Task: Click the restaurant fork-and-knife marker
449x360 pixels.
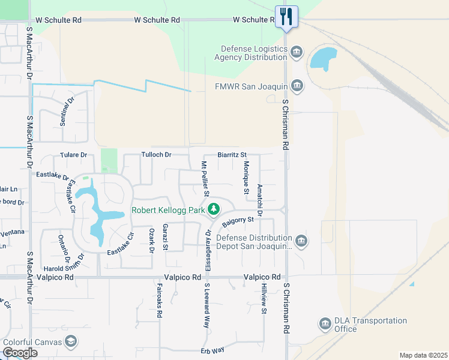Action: [286, 17]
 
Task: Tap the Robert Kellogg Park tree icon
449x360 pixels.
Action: [213, 209]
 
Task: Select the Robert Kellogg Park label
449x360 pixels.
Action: [168, 211]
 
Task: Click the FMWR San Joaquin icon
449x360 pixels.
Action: [297, 86]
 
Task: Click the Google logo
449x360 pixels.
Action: [20, 353]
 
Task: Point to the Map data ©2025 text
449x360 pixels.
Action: [423, 355]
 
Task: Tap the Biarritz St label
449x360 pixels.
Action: [232, 155]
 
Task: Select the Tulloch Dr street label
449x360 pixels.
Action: [156, 155]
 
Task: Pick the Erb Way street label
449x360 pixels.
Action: [212, 349]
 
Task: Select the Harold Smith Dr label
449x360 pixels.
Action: [62, 268]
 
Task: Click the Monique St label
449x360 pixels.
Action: [246, 178]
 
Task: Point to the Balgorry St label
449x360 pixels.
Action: [238, 221]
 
